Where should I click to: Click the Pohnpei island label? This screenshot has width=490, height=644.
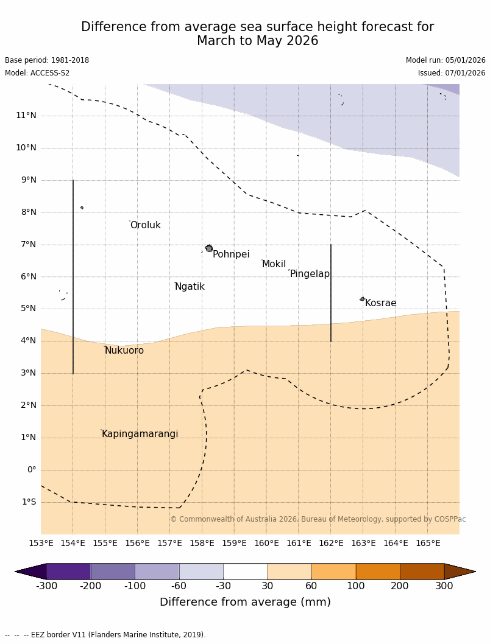[231, 254]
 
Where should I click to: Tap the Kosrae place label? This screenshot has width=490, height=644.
[381, 303]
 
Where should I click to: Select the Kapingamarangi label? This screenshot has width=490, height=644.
[140, 434]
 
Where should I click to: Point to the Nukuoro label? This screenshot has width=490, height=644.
[124, 351]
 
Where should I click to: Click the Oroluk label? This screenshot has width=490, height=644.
[146, 225]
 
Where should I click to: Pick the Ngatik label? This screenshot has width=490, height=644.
[190, 287]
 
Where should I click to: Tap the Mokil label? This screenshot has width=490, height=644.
[274, 264]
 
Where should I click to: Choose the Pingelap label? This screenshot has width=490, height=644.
[310, 274]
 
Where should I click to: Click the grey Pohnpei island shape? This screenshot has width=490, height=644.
[209, 248]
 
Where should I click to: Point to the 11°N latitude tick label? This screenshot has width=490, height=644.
[26, 115]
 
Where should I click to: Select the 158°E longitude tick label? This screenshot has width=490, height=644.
[202, 543]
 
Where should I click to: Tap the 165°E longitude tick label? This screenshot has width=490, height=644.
[428, 543]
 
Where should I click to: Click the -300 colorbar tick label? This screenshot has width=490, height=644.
[46, 586]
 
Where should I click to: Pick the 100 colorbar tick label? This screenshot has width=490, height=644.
[356, 586]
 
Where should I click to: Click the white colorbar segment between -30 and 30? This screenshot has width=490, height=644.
[245, 571]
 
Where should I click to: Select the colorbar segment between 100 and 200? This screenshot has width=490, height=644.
[378, 571]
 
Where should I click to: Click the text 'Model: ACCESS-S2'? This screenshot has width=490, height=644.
[37, 73]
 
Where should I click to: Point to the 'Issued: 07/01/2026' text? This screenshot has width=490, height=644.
[452, 73]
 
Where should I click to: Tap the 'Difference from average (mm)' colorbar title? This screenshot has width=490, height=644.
[245, 602]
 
